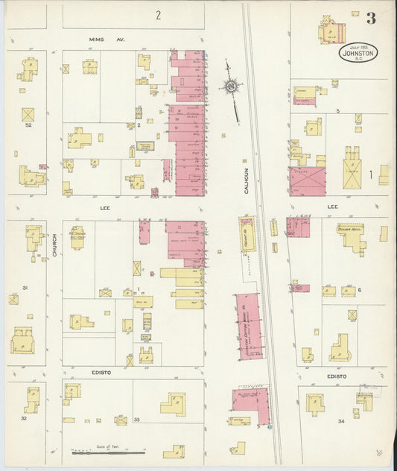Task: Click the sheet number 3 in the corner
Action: point(371,17)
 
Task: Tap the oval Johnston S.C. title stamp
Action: point(359,52)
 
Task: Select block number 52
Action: point(28,125)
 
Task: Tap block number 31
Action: point(25,288)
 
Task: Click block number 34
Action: point(341,422)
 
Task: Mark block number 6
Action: point(359,290)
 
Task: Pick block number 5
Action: point(337,110)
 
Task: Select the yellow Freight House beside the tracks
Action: point(247,237)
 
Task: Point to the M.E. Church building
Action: point(77,237)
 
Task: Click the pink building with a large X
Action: point(307,181)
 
